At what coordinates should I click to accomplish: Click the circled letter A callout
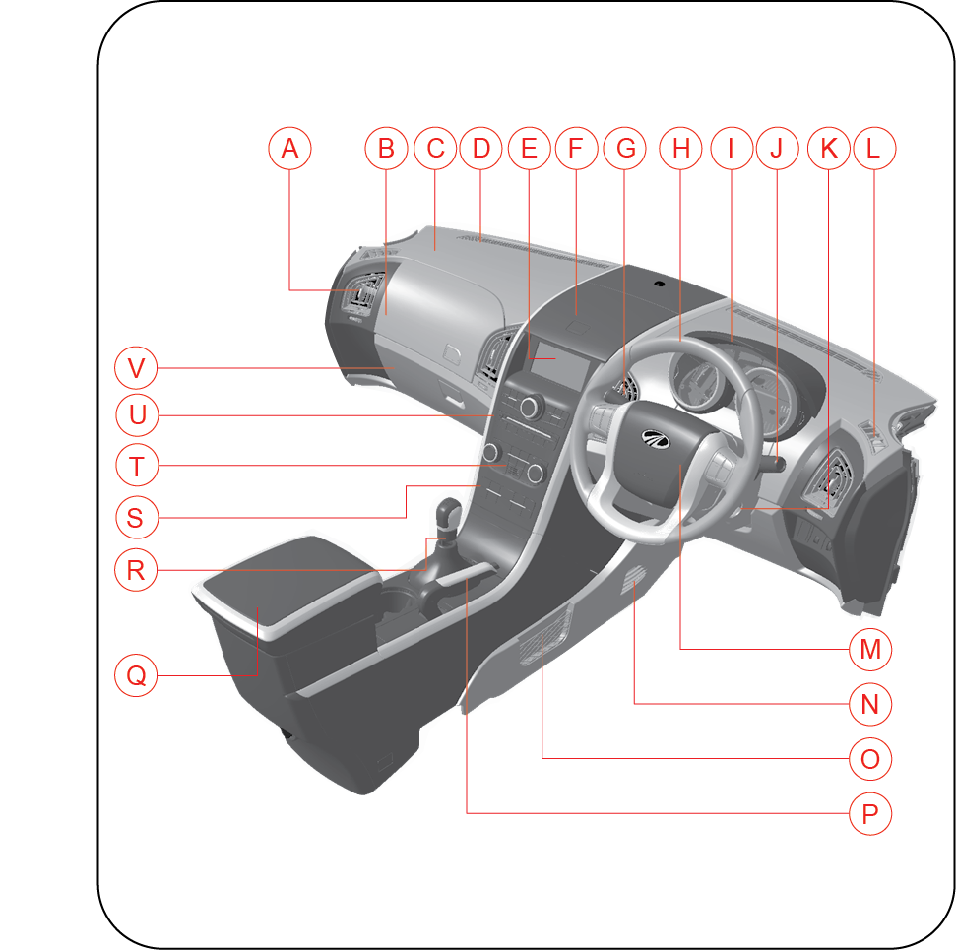(x=289, y=149)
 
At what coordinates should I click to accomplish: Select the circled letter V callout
(x=136, y=367)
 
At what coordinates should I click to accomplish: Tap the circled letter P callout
(x=870, y=813)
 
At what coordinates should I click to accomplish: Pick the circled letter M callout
(x=870, y=649)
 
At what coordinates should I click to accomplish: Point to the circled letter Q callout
(x=136, y=675)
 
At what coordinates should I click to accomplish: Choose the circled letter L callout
(x=873, y=149)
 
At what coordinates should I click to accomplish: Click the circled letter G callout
(x=625, y=149)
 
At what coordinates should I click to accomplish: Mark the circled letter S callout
(x=136, y=517)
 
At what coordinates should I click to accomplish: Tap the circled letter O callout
(x=870, y=759)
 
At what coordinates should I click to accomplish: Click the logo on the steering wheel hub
(x=656, y=438)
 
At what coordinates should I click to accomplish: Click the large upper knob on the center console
(x=531, y=407)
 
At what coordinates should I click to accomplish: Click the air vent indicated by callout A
(x=364, y=294)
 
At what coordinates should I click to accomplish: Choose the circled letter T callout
(x=137, y=466)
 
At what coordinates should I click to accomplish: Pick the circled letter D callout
(x=480, y=149)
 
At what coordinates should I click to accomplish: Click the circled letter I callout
(x=732, y=149)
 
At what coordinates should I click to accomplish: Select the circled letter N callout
(x=870, y=704)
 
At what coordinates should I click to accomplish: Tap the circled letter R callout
(x=136, y=570)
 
